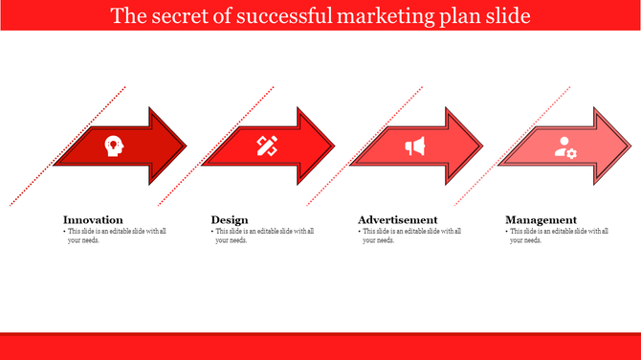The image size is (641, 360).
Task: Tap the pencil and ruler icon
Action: pyautogui.click(x=266, y=146)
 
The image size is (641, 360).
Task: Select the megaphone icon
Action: pyautogui.click(x=414, y=146)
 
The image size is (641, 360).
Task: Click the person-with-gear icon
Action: pyautogui.click(x=565, y=147)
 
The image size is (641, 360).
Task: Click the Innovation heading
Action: pyautogui.click(x=93, y=219)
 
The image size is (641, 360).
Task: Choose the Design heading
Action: pyautogui.click(x=230, y=219)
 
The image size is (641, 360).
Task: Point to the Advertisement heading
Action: pyautogui.click(x=398, y=219)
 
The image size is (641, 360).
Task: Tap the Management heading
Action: pyautogui.click(x=542, y=219)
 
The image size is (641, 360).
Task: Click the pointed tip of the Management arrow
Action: pyautogui.click(x=630, y=146)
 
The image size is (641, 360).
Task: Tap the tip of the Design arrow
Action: pyautogui.click(x=334, y=146)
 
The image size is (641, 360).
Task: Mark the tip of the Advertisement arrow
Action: pyautogui.click(x=482, y=146)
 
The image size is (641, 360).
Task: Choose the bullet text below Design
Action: pyautogui.click(x=262, y=236)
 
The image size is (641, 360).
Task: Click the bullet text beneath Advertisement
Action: pyautogui.click(x=409, y=236)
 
